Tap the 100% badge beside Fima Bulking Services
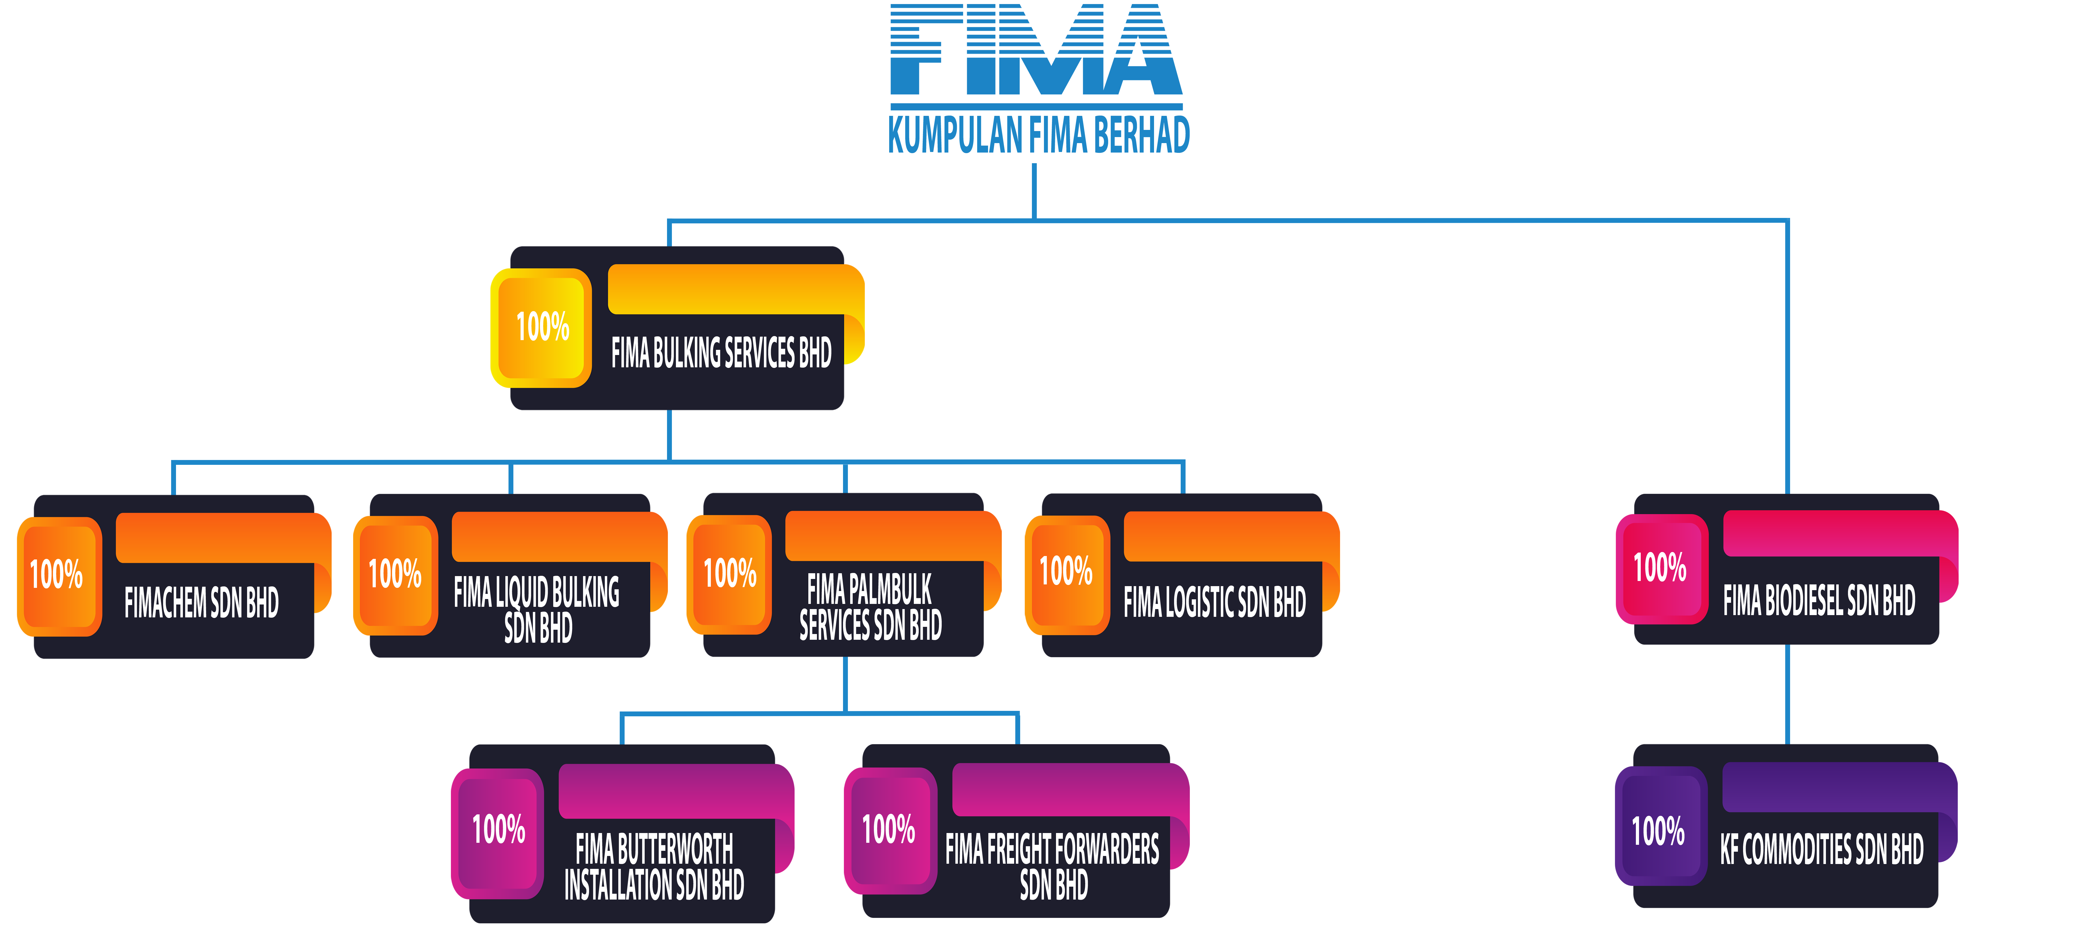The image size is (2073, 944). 542,327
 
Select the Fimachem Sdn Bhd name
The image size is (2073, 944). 201,602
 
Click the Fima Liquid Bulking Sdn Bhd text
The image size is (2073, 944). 537,609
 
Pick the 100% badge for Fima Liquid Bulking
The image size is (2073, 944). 395,574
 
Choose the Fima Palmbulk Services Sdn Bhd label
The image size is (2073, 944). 870,607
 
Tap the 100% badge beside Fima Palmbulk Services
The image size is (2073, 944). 730,573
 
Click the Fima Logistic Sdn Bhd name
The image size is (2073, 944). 1214,602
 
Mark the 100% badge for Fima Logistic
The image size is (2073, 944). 1066,572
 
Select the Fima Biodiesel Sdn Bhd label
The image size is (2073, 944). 1819,600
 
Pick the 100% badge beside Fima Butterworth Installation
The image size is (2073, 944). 499,829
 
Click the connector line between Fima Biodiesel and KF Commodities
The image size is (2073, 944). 1787,694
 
